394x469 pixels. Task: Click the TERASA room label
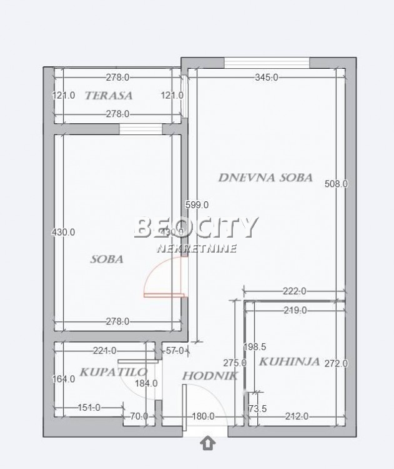click(x=109, y=96)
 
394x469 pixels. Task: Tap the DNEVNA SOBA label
click(x=265, y=178)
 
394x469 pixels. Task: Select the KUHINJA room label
click(x=290, y=361)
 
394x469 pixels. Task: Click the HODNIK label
click(x=201, y=376)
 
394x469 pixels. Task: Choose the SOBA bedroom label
click(x=106, y=259)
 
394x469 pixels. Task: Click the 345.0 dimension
click(x=267, y=78)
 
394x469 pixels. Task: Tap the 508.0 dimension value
click(x=337, y=184)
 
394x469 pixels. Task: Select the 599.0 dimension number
click(x=197, y=204)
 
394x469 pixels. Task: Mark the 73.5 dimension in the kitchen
click(x=257, y=409)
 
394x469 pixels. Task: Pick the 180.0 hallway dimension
click(x=203, y=416)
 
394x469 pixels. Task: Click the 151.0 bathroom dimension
click(x=89, y=408)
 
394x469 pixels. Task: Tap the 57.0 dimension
click(x=174, y=351)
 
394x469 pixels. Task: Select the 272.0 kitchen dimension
click(x=336, y=363)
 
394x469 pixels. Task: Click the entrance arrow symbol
click(x=208, y=443)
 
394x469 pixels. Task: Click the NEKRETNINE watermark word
click(x=197, y=249)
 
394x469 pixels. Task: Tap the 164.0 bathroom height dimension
click(x=64, y=378)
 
